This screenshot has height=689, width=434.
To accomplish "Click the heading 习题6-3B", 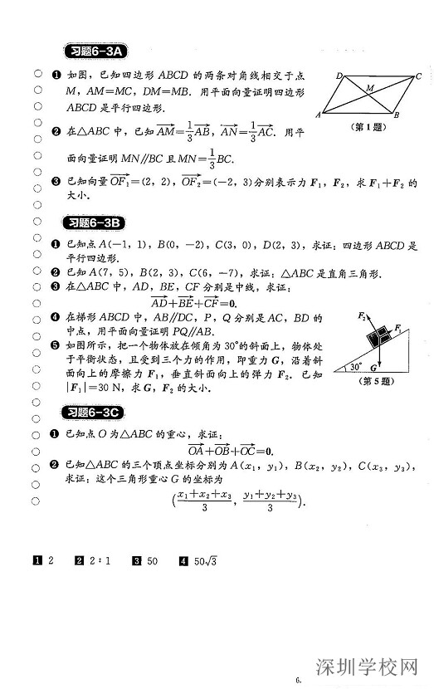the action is point(94,222).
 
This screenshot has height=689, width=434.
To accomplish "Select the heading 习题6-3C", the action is point(94,413).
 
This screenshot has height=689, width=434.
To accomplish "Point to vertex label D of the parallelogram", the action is point(340,75).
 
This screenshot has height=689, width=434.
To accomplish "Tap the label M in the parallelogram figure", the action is point(369,86).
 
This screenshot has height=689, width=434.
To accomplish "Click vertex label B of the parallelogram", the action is point(397,115).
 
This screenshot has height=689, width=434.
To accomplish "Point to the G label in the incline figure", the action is point(375,366).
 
